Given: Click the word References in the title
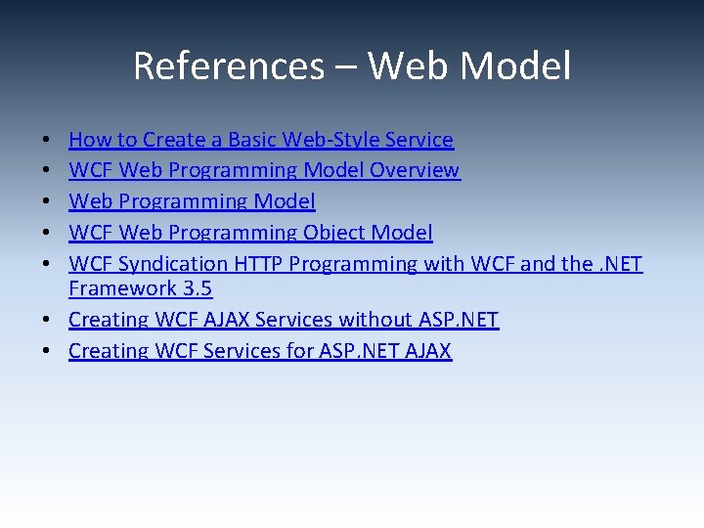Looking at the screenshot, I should [x=228, y=66].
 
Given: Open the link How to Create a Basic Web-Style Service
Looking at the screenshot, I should [x=260, y=140].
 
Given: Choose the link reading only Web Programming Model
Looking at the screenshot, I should [x=192, y=201].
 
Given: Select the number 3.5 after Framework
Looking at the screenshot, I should [x=195, y=288].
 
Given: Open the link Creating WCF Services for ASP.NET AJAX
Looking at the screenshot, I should [x=260, y=351].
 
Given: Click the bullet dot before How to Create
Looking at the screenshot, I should [x=48, y=141].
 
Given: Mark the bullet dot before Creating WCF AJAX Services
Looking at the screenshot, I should [x=48, y=321].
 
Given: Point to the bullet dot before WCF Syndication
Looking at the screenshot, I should [x=48, y=265].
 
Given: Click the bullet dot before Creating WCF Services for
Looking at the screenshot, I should [x=48, y=352].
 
